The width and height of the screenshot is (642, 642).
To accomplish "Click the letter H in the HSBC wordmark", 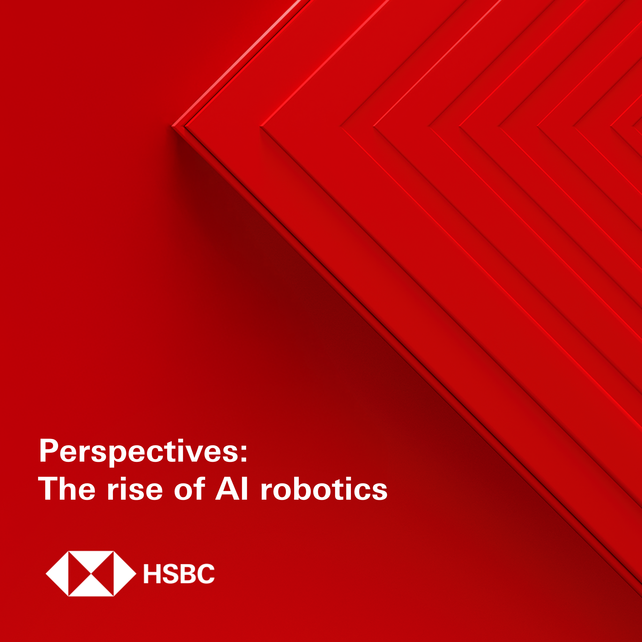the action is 152,574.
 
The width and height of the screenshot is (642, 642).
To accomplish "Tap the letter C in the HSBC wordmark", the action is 206,574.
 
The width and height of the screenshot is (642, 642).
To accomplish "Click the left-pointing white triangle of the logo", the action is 61,574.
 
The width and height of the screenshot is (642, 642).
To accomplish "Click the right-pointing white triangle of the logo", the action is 122,574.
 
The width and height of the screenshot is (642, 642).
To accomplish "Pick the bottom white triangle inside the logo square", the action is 91,589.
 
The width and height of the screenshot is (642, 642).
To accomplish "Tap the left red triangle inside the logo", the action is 76,574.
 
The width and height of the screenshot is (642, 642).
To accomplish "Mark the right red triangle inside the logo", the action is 106,574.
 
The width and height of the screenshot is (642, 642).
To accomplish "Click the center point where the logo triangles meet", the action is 91,574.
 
